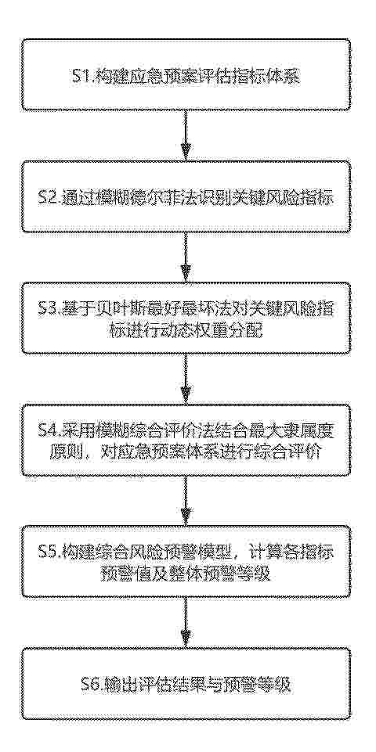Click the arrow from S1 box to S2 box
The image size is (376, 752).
pos(186,135)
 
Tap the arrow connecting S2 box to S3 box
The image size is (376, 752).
pos(186,256)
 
